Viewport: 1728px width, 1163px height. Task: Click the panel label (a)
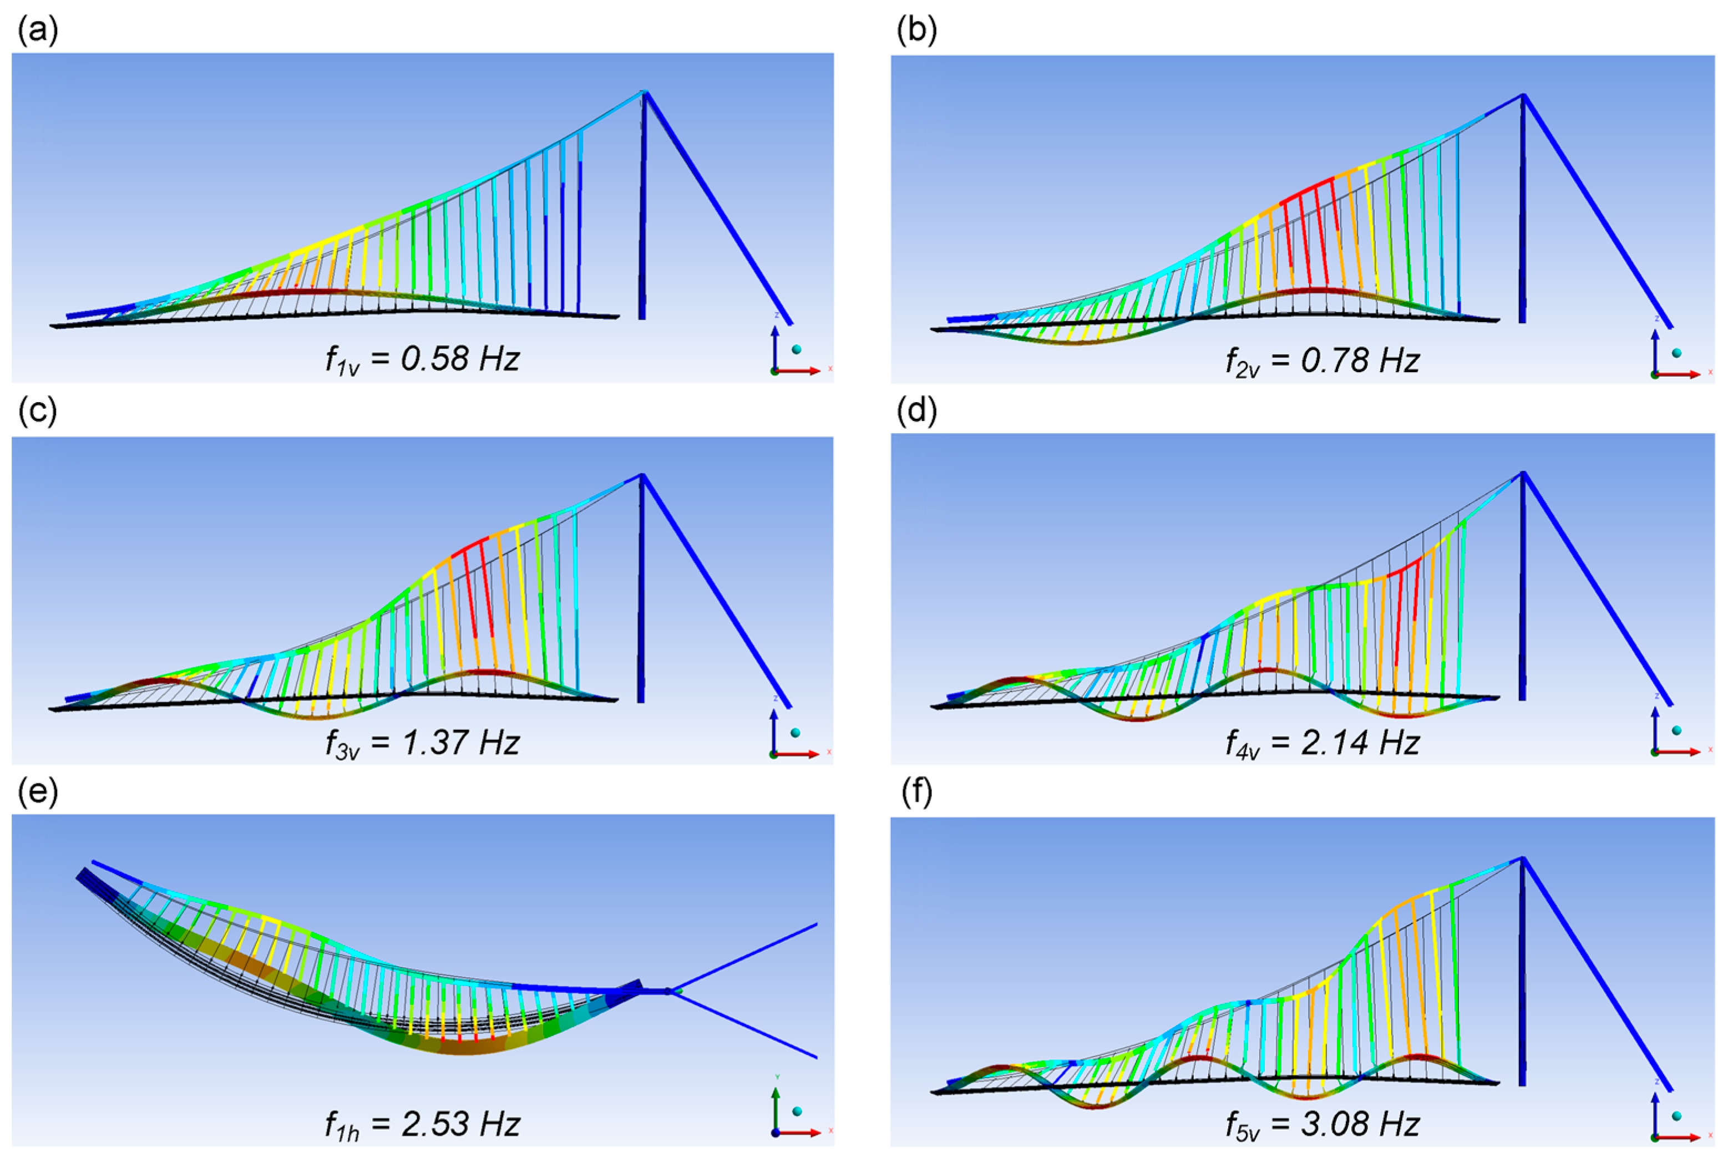click(37, 31)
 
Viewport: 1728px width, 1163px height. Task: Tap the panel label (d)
click(916, 410)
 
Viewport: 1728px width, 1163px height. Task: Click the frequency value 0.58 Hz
click(459, 359)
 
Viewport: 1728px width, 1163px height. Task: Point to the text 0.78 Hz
click(1360, 360)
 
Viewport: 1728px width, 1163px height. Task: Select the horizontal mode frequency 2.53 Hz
click(459, 1124)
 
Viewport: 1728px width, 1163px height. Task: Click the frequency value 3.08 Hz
click(1360, 1124)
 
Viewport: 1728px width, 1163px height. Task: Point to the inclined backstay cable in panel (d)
click(1595, 586)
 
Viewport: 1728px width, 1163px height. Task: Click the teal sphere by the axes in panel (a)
click(797, 349)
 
